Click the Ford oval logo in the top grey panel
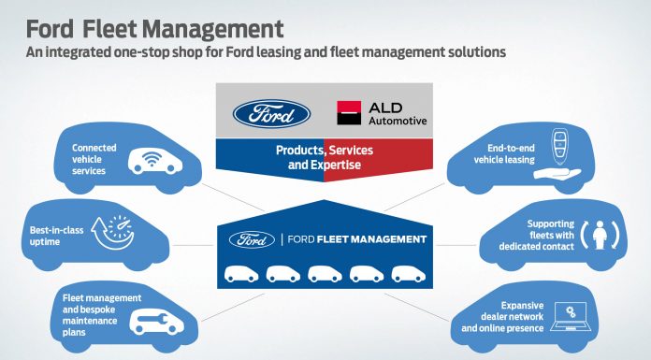tap(270, 114)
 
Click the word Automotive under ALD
tap(398, 121)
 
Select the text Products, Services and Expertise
tap(324, 156)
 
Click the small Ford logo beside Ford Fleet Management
tap(254, 238)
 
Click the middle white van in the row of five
tap(325, 273)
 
